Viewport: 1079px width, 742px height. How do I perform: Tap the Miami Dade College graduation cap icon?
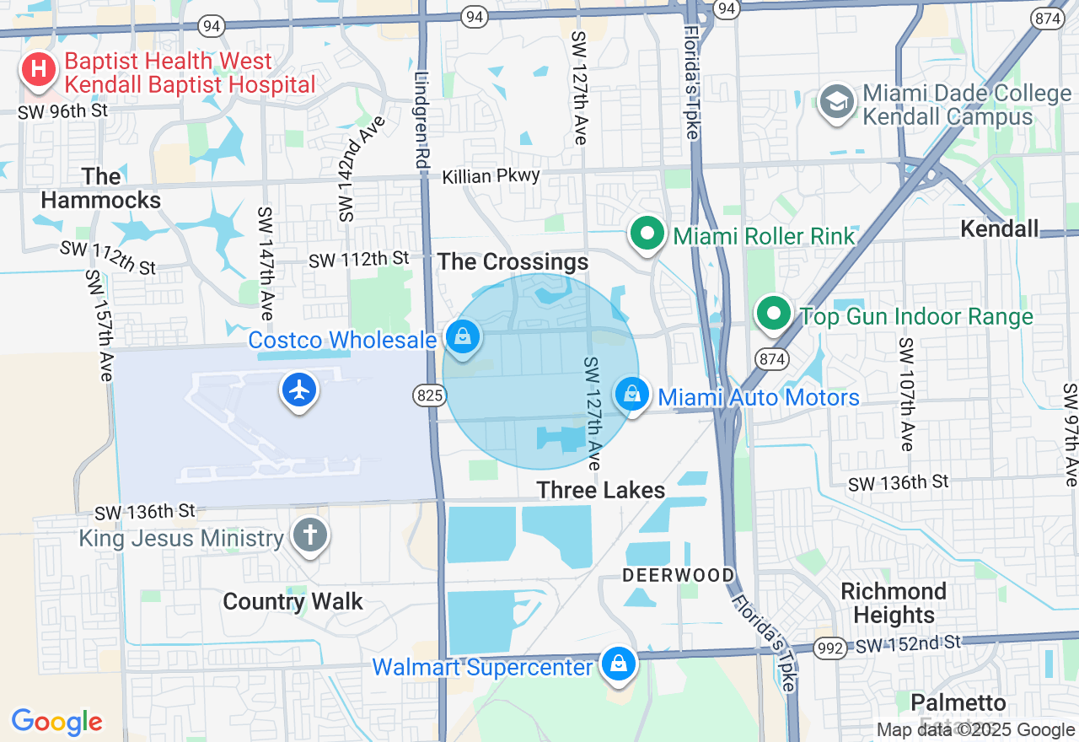(836, 102)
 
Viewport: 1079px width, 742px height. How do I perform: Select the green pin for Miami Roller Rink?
(647, 234)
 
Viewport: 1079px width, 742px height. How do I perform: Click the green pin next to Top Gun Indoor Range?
(773, 314)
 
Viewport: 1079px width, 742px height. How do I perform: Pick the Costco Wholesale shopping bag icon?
(463, 337)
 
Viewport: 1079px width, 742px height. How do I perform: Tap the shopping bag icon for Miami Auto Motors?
(631, 394)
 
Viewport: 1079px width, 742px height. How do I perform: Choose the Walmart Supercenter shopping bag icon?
(619, 664)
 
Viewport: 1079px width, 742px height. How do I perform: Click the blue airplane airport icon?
(299, 390)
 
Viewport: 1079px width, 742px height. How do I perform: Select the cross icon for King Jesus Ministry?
(309, 535)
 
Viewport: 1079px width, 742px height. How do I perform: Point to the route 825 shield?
(429, 395)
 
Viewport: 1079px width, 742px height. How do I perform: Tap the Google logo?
(56, 722)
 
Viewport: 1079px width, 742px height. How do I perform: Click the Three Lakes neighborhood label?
(600, 490)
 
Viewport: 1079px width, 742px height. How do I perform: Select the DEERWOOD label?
(678, 575)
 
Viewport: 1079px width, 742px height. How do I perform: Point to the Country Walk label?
(293, 601)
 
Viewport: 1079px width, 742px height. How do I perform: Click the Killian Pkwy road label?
(491, 175)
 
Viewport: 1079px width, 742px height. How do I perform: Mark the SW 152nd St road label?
(908, 644)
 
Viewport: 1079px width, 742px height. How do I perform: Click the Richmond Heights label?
(894, 602)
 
